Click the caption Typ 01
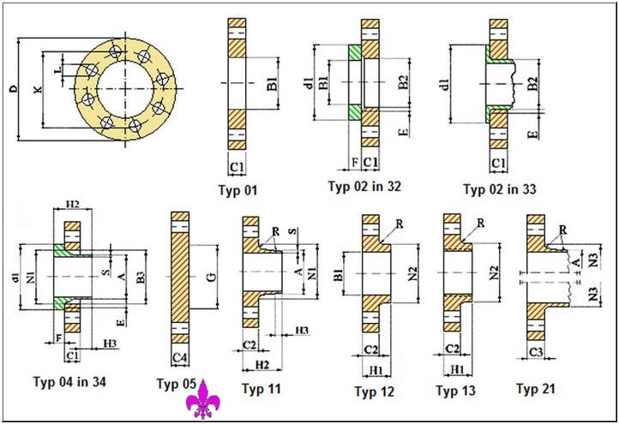click(238, 190)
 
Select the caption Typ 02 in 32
click(364, 185)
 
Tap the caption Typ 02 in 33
click(500, 188)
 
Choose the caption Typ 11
click(261, 388)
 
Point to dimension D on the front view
click(14, 88)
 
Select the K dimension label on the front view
click(37, 88)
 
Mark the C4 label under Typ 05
click(179, 356)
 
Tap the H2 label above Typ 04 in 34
click(72, 205)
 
